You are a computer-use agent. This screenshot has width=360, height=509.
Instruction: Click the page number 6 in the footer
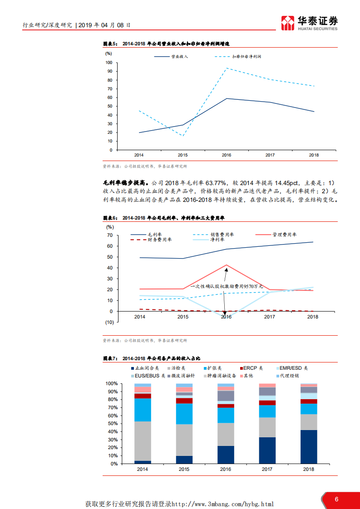point(336,499)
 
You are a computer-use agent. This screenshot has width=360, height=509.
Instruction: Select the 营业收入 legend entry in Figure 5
point(172,57)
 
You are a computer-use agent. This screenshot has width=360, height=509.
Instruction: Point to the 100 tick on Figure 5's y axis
point(109,63)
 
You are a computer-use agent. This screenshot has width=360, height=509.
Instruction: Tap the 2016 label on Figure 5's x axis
point(226,155)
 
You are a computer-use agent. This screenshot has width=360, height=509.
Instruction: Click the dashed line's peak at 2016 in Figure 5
point(226,68)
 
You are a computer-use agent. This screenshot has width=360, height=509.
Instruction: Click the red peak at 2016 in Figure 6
point(226,265)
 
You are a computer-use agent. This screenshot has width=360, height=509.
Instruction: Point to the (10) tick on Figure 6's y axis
point(109,322)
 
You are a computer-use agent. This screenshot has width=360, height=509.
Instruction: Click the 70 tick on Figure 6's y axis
point(109,235)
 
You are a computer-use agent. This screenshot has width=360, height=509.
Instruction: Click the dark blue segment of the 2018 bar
point(309,447)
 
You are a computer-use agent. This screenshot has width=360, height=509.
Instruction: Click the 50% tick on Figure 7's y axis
point(111,424)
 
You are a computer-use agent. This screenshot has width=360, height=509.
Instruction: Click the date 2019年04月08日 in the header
point(105,25)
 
